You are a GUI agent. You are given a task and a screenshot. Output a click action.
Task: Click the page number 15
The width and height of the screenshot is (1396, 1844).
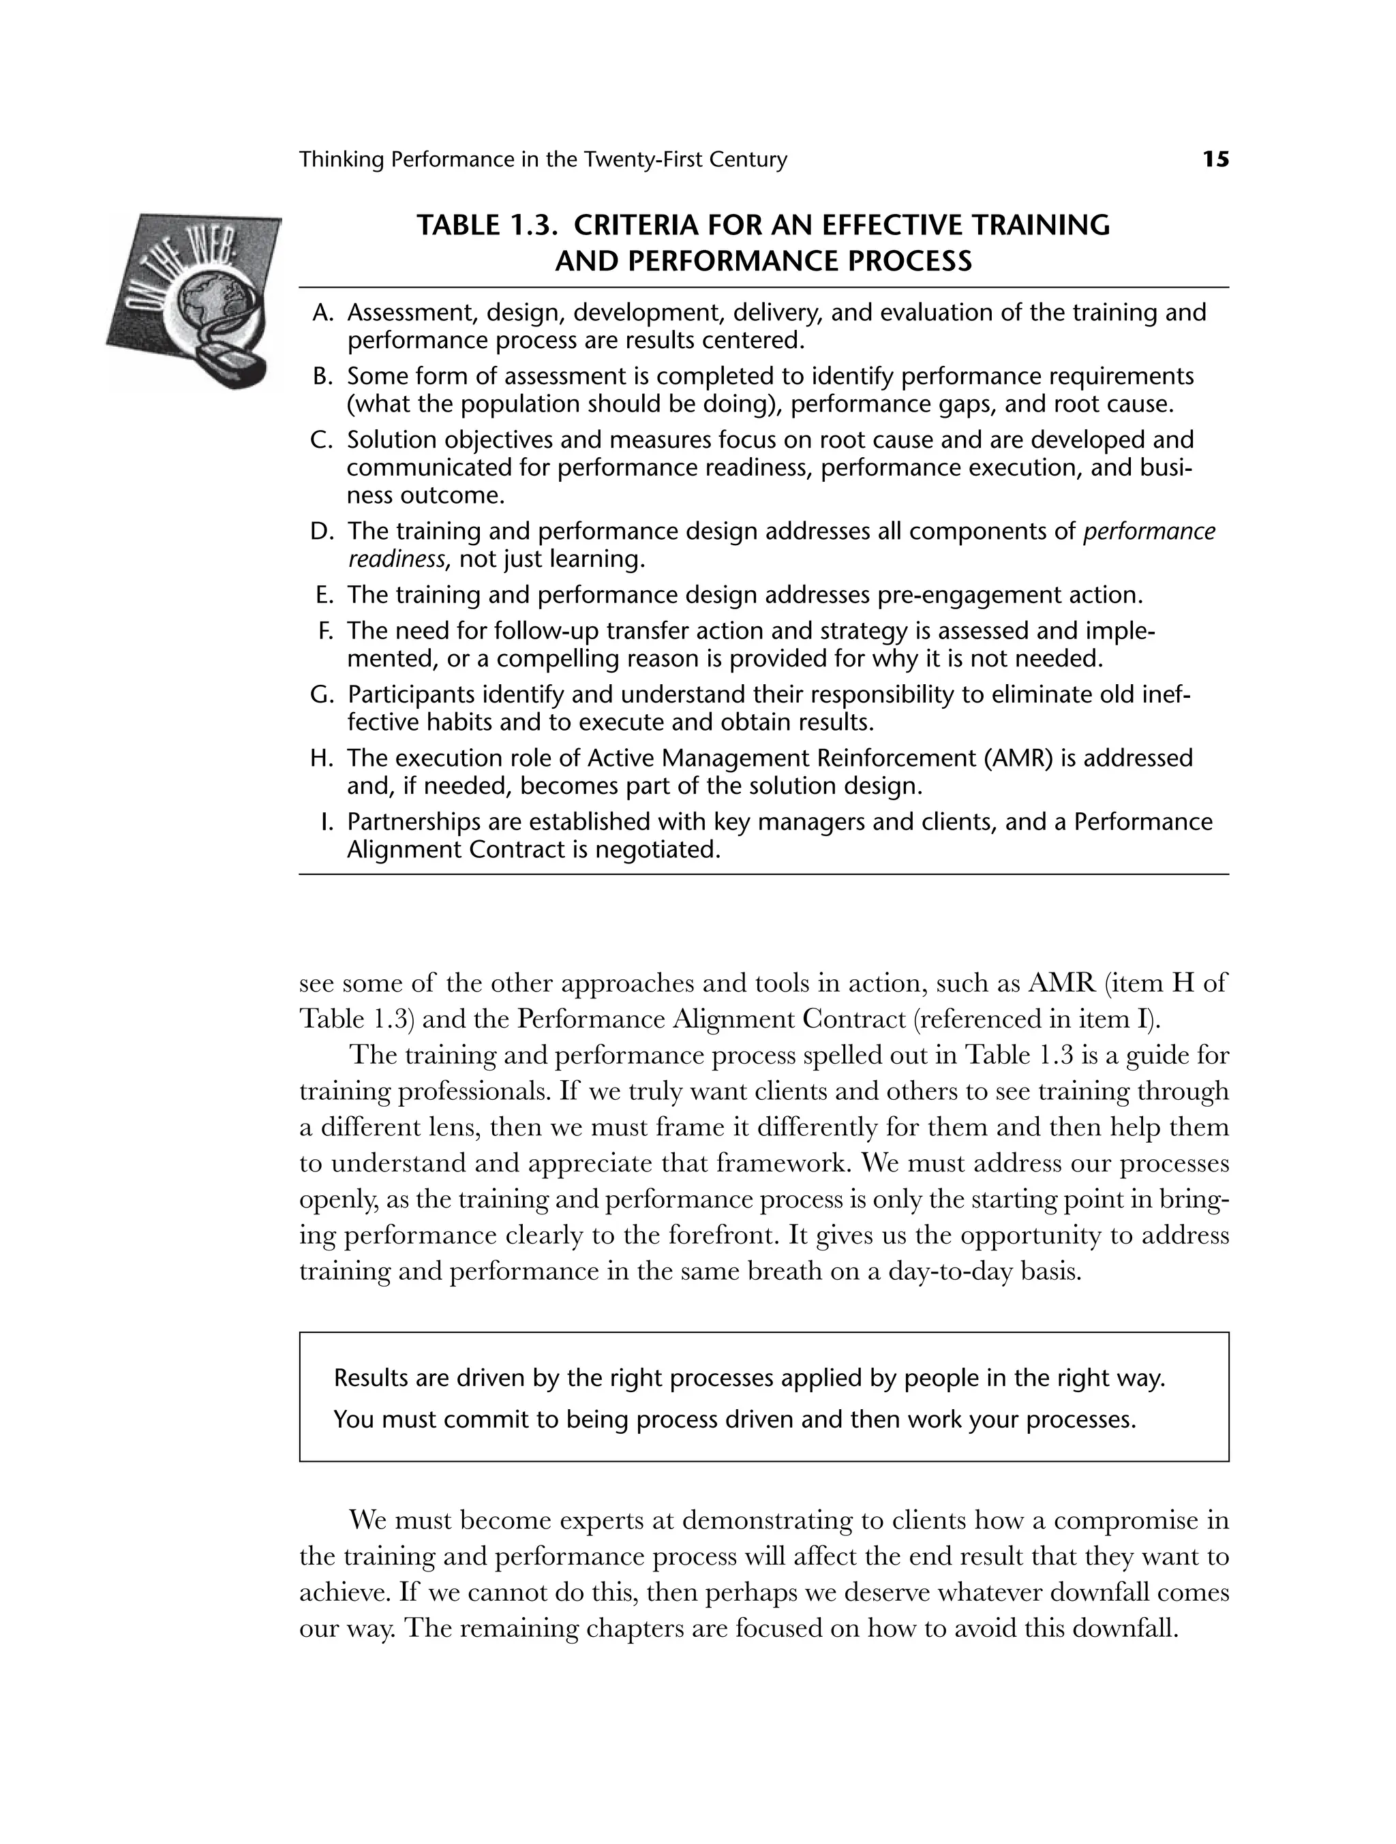pyautogui.click(x=1215, y=159)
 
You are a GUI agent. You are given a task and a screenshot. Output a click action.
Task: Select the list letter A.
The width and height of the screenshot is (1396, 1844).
pyautogui.click(x=322, y=313)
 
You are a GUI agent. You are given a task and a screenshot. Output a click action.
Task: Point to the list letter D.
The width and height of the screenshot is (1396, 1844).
pyautogui.click(x=322, y=531)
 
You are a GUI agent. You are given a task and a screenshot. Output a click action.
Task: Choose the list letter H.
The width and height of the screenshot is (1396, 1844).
pyautogui.click(x=322, y=758)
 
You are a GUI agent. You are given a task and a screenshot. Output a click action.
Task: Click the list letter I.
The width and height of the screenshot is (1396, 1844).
pyautogui.click(x=328, y=822)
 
